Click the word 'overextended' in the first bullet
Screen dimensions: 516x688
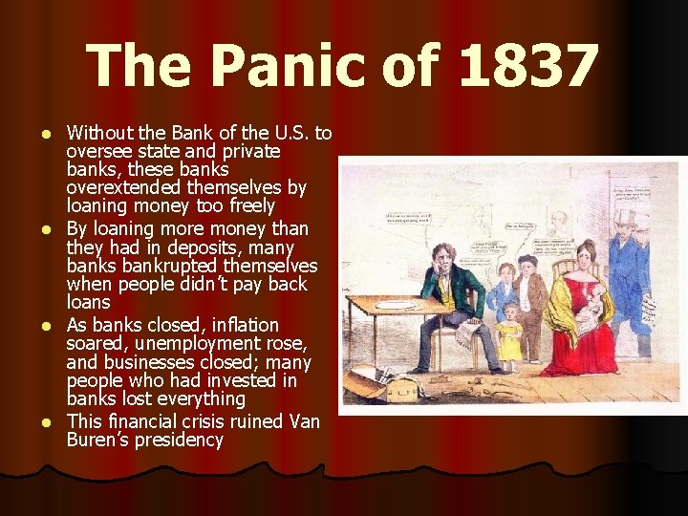121,188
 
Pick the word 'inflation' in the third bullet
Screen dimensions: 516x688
245,325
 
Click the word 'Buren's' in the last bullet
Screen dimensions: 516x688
97,441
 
